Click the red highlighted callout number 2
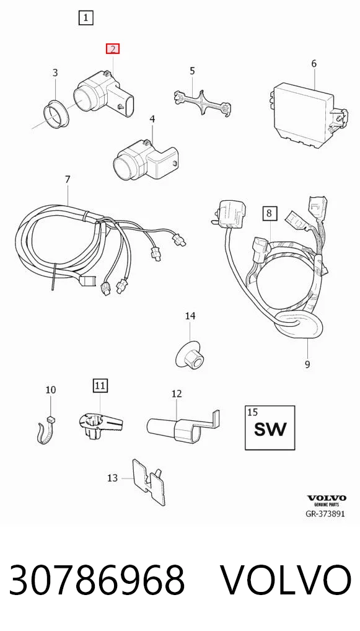click(x=113, y=49)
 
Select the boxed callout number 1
click(x=86, y=18)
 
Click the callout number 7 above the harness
click(x=67, y=179)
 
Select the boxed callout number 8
click(x=270, y=213)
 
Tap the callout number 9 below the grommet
click(x=307, y=364)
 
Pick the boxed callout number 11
click(x=100, y=386)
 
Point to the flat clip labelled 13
click(x=149, y=482)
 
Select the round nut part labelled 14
click(x=190, y=354)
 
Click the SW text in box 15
click(x=270, y=429)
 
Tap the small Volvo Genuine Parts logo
click(x=327, y=501)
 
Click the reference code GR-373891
click(x=326, y=514)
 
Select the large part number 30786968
click(x=97, y=580)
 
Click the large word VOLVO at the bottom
click(x=286, y=580)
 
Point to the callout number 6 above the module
click(x=314, y=63)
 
